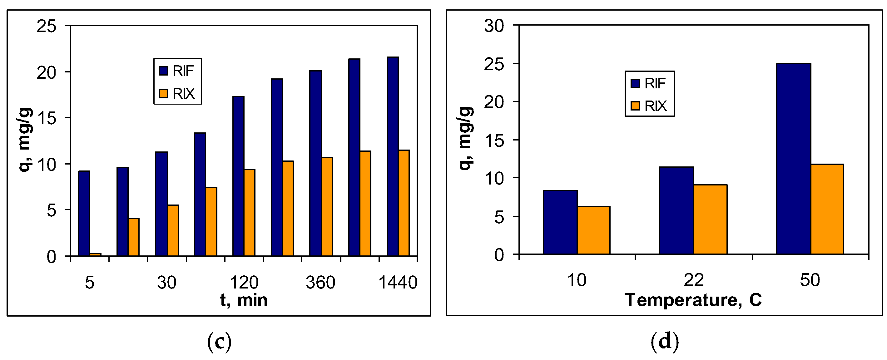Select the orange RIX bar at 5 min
coord(95,254)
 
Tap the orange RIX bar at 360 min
coord(327,206)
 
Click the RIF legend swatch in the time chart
coord(164,71)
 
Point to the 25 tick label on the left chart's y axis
coord(47,26)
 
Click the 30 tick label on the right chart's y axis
coord(494,26)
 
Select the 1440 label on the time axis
coord(398,283)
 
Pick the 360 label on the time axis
coord(320,283)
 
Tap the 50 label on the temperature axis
coord(810,280)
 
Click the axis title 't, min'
coord(244,300)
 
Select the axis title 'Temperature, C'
coord(693,300)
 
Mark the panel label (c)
coord(219,342)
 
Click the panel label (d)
coord(665,342)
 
